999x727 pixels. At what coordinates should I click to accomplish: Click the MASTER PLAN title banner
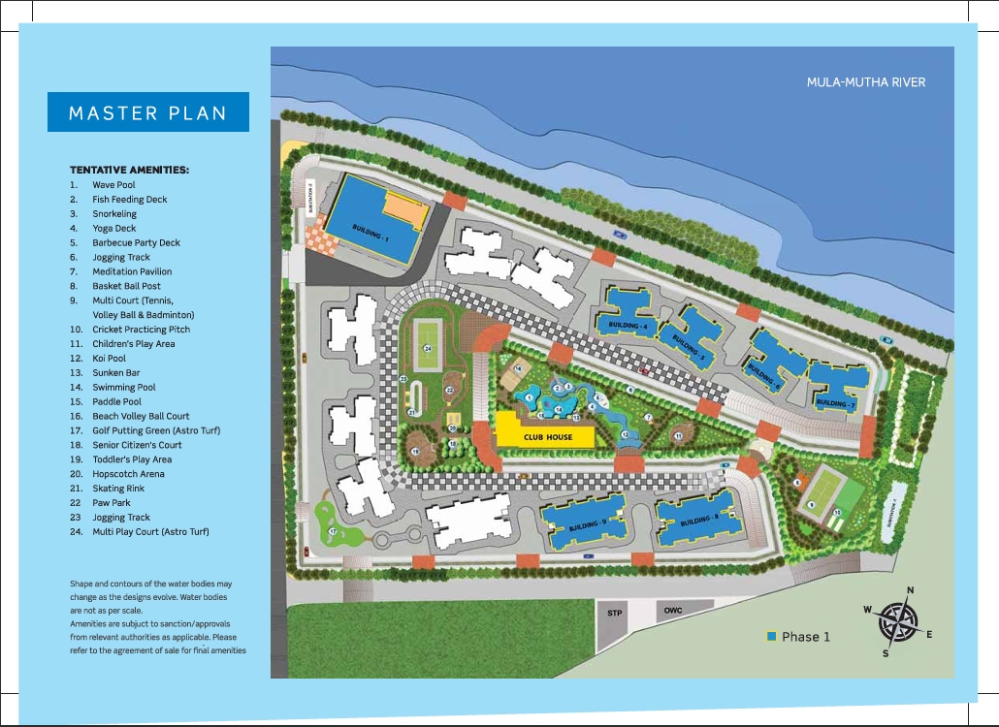click(x=147, y=112)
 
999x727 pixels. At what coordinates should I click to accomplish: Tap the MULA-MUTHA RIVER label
click(x=866, y=82)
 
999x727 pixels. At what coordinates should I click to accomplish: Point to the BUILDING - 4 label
click(x=626, y=324)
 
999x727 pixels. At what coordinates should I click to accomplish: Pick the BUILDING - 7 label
click(x=835, y=401)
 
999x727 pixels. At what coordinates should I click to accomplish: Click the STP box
click(x=614, y=614)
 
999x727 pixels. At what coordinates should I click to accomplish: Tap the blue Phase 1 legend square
click(x=771, y=637)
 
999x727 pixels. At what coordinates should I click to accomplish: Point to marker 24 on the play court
click(x=426, y=348)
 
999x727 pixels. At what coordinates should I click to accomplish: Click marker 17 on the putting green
click(x=332, y=532)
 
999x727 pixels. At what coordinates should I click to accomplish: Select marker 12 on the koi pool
click(x=626, y=436)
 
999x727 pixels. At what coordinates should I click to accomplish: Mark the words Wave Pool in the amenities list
click(x=113, y=184)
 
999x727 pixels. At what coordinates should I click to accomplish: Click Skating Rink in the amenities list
click(x=118, y=489)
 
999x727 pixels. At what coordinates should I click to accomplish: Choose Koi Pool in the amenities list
click(x=109, y=358)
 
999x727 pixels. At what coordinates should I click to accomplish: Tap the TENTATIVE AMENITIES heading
click(x=129, y=170)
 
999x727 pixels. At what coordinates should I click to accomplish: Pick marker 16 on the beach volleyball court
click(x=518, y=369)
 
